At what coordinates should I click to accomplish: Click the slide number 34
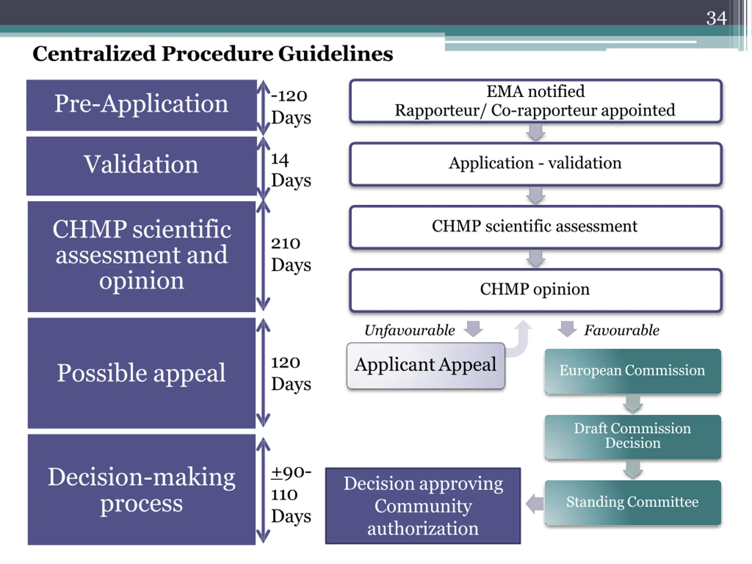pos(716,18)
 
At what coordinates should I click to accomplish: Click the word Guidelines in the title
pos(335,54)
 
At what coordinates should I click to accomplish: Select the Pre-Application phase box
pos(141,105)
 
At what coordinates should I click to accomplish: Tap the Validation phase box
pos(141,166)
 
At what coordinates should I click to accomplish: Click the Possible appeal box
pos(141,373)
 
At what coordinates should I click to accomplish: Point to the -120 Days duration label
pos(291,107)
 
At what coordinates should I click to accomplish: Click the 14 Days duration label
pos(291,170)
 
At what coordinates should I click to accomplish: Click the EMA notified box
pos(536,101)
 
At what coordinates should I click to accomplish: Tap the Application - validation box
pos(536,164)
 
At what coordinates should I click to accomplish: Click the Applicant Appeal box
pos(426,365)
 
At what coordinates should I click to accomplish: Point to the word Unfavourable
pos(410,330)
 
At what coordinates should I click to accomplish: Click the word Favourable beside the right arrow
pos(622,330)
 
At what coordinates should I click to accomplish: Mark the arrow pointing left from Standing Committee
pos(534,503)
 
